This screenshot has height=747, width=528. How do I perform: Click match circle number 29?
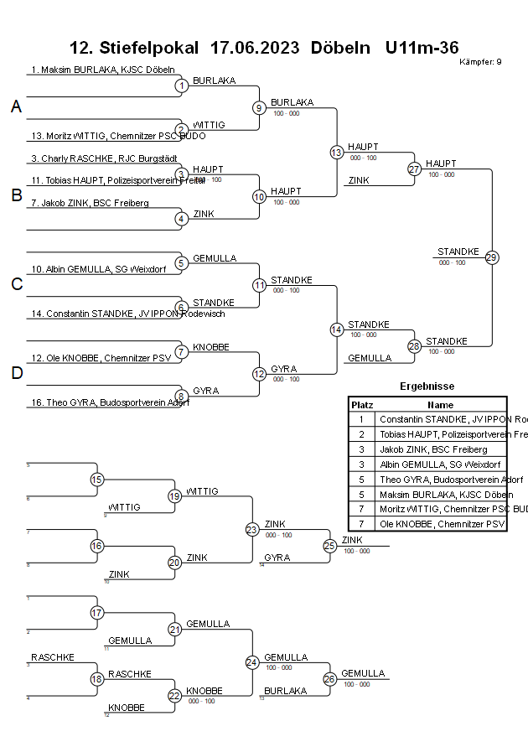coord(492,257)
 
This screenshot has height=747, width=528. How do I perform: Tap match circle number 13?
coord(337,152)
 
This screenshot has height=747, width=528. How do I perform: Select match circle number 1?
coord(181,86)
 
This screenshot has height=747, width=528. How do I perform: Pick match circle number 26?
coord(329,678)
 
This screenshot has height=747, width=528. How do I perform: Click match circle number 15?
coord(97,480)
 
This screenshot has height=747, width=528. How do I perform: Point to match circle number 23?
coord(252,529)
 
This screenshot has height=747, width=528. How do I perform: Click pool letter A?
coord(16,106)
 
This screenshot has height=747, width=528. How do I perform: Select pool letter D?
coord(16,374)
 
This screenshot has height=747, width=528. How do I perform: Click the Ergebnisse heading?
coord(427,386)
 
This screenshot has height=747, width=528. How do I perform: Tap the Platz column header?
coord(361,404)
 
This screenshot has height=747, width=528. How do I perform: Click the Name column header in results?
coord(440,404)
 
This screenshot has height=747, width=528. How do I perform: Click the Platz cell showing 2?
coord(361,434)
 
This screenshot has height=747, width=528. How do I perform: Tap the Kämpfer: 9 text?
coord(481,62)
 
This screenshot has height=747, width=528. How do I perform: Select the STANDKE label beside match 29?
coord(458,252)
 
